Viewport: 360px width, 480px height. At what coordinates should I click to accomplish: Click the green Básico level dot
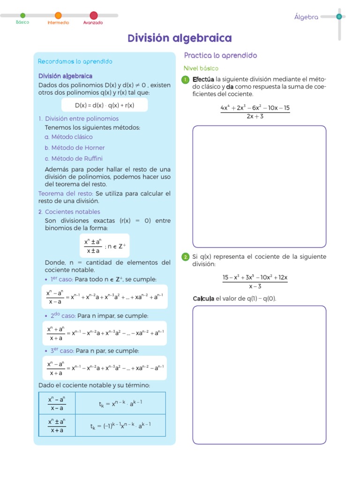[x=22, y=15]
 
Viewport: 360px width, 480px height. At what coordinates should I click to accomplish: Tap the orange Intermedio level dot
[x=58, y=15]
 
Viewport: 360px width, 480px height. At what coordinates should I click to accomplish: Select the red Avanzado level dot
[x=94, y=15]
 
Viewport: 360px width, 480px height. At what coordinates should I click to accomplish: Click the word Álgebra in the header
[x=306, y=17]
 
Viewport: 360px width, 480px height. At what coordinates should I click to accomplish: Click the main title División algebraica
[x=180, y=38]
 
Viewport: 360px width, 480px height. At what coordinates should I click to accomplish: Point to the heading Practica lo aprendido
[x=220, y=55]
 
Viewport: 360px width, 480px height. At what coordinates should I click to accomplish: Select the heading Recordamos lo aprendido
[x=75, y=61]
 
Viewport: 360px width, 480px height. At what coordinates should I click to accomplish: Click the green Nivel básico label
[x=201, y=68]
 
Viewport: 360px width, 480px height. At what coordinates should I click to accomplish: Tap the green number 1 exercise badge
[x=186, y=80]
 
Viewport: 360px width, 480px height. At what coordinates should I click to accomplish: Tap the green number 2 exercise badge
[x=186, y=257]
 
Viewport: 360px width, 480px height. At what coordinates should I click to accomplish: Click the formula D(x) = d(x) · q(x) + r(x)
[x=105, y=105]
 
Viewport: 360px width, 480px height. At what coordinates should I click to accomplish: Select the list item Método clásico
[x=68, y=137]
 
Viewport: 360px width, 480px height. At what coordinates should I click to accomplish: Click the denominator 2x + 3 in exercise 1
[x=255, y=116]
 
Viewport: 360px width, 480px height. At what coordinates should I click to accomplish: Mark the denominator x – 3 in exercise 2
[x=255, y=286]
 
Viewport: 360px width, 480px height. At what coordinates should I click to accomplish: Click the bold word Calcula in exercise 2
[x=203, y=299]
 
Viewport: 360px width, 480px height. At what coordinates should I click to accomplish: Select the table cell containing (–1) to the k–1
[x=120, y=426]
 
